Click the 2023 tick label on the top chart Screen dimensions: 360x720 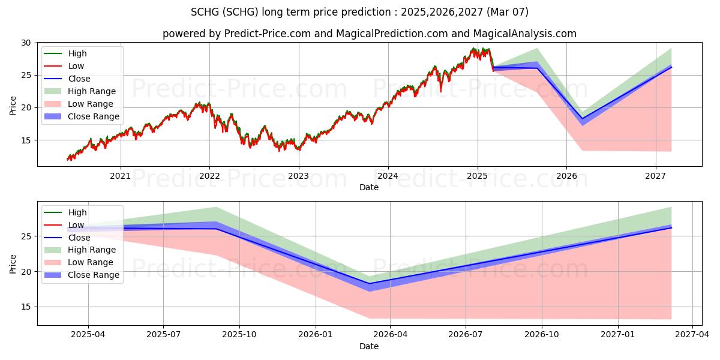click(x=298, y=176)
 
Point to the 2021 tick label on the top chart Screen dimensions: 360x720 click(x=121, y=176)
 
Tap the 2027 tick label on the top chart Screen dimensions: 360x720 click(x=655, y=176)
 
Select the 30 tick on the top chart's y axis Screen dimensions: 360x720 click(x=26, y=43)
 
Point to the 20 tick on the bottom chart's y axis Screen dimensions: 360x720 click(x=26, y=272)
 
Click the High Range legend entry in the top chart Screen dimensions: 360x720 click(x=92, y=91)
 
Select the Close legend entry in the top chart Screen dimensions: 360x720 click(x=79, y=79)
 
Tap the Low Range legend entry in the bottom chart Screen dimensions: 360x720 click(x=91, y=262)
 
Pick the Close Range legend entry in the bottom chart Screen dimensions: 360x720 click(x=94, y=275)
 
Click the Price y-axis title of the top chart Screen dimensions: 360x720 click(x=13, y=104)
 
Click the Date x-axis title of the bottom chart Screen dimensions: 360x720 click(x=369, y=346)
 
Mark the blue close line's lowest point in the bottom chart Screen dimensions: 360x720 click(x=369, y=283)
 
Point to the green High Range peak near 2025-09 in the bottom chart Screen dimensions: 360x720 click(x=216, y=207)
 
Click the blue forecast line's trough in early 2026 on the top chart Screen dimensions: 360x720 click(x=582, y=119)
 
